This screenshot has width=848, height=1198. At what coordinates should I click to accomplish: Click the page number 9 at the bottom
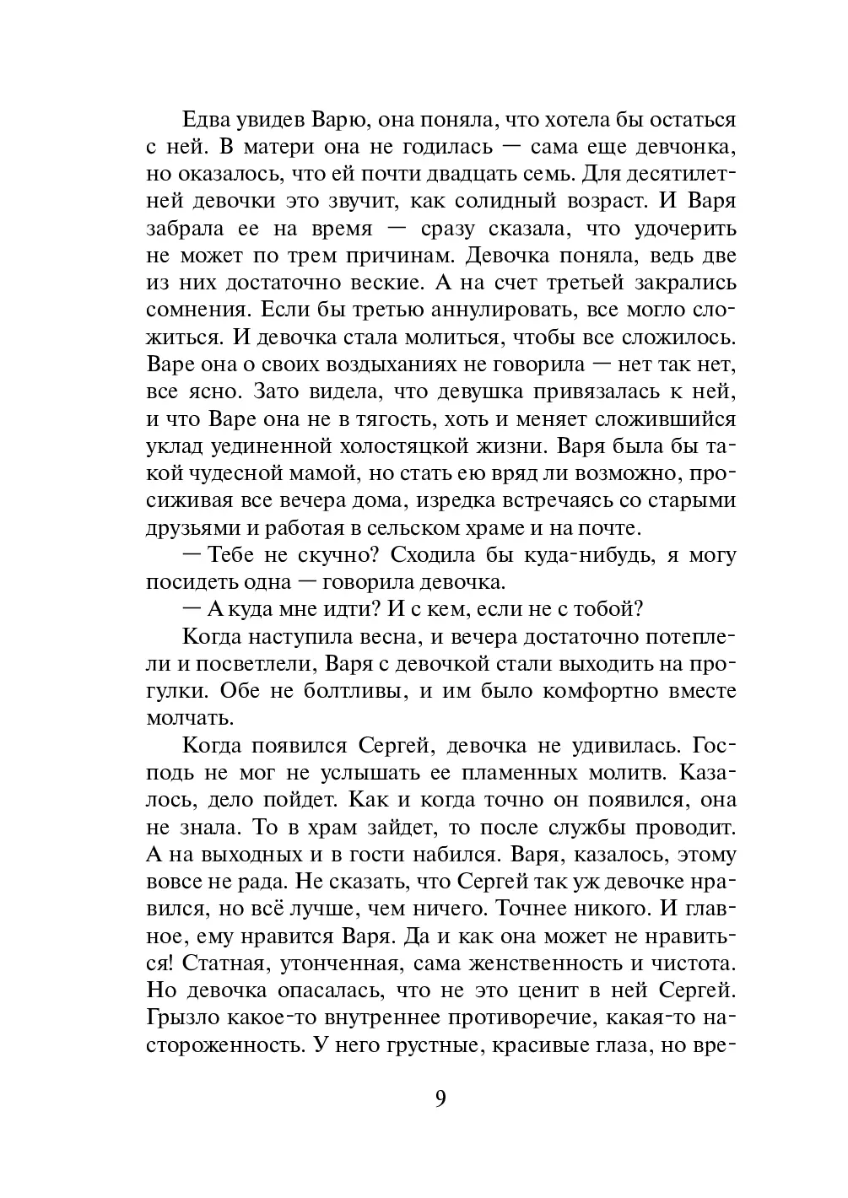coord(440,1099)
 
